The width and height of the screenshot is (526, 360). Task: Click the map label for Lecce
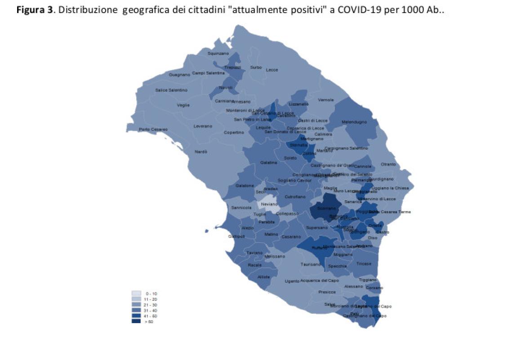[272, 70]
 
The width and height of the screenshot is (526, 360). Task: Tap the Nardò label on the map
[201, 152]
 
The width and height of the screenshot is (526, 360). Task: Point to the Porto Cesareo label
[153, 130]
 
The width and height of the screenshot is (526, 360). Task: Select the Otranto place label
[388, 164]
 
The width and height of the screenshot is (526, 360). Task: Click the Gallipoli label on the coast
[237, 236]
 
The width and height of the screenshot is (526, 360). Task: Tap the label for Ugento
[292, 281]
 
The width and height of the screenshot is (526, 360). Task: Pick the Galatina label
[268, 162]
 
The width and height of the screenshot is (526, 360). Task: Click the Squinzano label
[218, 53]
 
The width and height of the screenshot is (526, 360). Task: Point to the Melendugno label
[354, 122]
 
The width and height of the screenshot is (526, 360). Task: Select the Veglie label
[183, 105]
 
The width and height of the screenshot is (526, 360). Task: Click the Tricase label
[364, 264]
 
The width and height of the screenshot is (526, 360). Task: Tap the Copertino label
[234, 132]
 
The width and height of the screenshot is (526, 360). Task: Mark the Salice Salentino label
[171, 90]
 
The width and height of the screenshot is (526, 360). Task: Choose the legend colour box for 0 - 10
[137, 293]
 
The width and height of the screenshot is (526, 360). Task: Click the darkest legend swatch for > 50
[137, 321]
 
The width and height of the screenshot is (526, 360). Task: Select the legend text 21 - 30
[151, 305]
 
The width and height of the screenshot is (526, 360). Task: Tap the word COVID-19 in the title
[352, 10]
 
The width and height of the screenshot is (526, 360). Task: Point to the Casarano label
[291, 237]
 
